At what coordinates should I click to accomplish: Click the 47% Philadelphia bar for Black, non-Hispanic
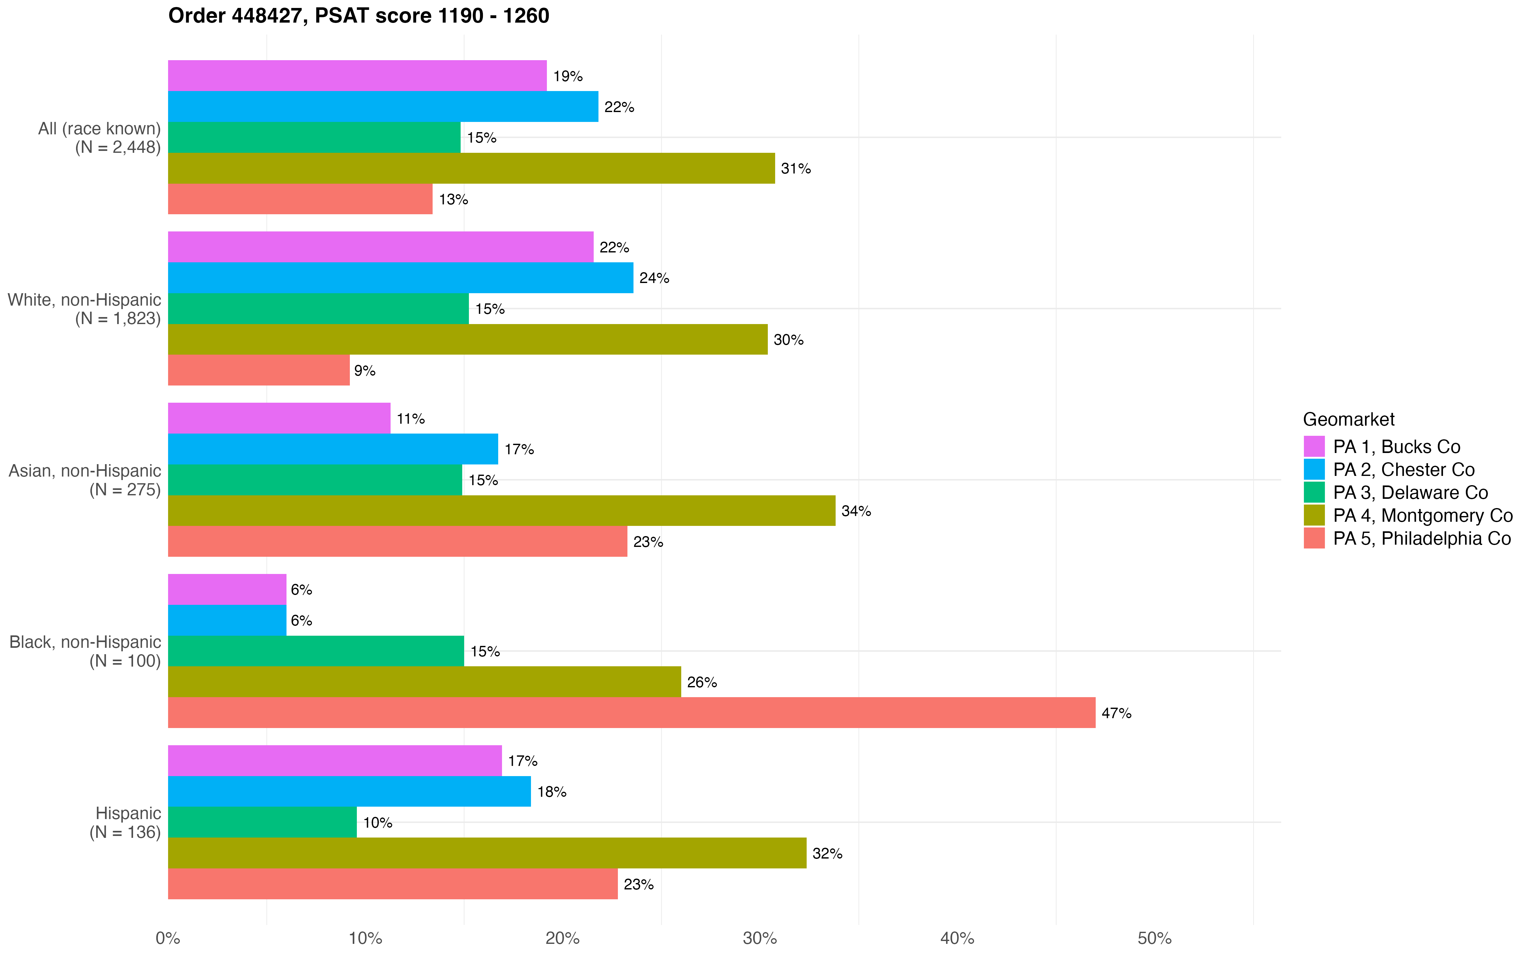click(631, 712)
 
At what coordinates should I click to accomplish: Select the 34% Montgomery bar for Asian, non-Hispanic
click(501, 510)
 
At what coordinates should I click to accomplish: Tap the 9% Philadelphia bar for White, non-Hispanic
click(259, 370)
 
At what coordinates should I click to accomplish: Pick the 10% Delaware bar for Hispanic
click(262, 822)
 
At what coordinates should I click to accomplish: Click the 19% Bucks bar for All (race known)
click(357, 76)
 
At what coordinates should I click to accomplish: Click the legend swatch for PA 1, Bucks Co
click(1314, 447)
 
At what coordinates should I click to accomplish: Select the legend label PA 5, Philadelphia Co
click(1422, 539)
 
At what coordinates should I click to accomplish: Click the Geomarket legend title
click(1349, 419)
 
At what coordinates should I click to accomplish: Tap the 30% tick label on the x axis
click(760, 938)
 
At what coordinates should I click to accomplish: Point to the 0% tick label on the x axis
click(168, 938)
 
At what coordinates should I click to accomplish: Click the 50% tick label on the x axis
click(1154, 938)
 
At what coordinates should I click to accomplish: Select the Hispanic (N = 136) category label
click(125, 822)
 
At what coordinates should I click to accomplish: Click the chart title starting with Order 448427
click(359, 16)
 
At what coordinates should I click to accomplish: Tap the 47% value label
click(1116, 713)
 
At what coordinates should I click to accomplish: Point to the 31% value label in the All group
click(796, 169)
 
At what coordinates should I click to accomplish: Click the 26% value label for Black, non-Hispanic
click(702, 682)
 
